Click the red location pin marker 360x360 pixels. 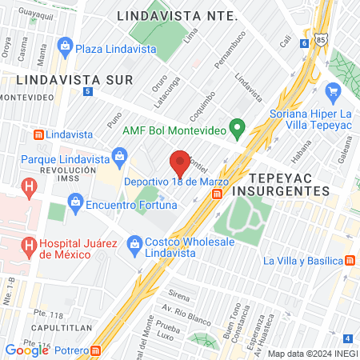point(180,162)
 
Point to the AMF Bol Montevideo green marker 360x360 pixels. point(236,127)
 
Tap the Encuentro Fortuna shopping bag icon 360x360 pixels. point(75,202)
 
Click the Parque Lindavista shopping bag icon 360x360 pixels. point(118,155)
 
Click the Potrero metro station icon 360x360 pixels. point(95,350)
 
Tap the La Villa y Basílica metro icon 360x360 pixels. point(350,261)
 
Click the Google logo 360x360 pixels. point(26,350)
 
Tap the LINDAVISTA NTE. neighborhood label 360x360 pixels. point(177,16)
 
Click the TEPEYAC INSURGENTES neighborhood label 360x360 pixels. point(289,184)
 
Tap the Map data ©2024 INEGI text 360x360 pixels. point(311,353)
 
